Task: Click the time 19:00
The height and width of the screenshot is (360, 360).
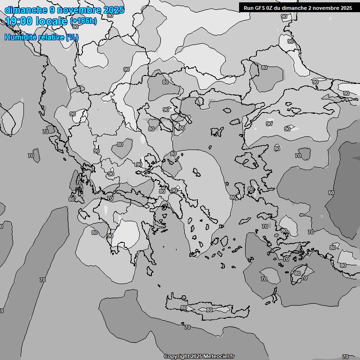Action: pos(19,21)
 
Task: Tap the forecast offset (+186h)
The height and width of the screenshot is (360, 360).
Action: pos(83,22)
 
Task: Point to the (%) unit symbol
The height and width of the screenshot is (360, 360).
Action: pos(72,37)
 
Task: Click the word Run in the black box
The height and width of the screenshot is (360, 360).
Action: pos(248,8)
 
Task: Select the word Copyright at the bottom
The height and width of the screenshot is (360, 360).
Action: pos(176,357)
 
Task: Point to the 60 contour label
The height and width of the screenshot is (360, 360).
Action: pos(331,193)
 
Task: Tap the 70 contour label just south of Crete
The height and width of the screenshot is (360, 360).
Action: pos(187,327)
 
